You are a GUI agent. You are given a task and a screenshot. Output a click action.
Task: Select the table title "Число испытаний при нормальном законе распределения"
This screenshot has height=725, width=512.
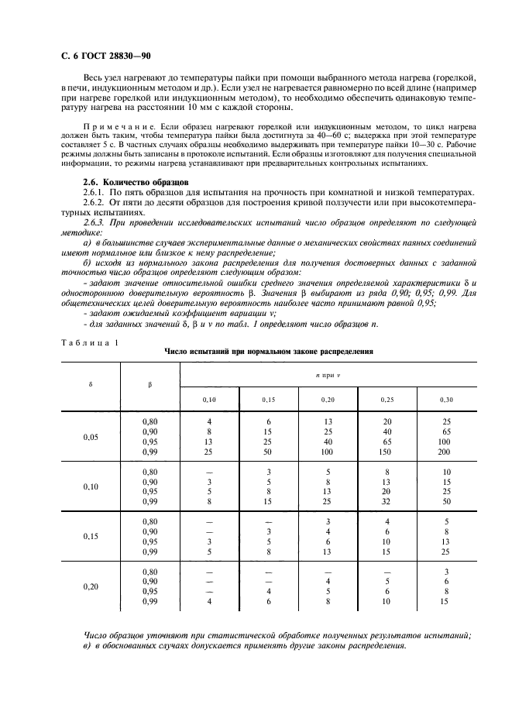pos(269,351)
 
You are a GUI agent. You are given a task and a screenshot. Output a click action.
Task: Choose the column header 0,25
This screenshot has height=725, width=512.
pos(387,399)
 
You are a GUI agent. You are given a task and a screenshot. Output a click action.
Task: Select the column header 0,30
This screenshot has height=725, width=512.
pos(446,399)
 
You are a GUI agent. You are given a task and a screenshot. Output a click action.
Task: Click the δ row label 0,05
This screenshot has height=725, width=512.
pos(91,437)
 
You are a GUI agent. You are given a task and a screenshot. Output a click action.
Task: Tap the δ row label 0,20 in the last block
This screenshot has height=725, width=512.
pos(91,586)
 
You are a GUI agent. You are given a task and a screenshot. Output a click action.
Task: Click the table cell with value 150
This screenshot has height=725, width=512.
pos(387,451)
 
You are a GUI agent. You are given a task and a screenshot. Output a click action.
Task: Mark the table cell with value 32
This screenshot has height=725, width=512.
pos(387,501)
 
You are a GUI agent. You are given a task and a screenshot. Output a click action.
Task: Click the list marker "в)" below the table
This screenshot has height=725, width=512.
pos(88,645)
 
